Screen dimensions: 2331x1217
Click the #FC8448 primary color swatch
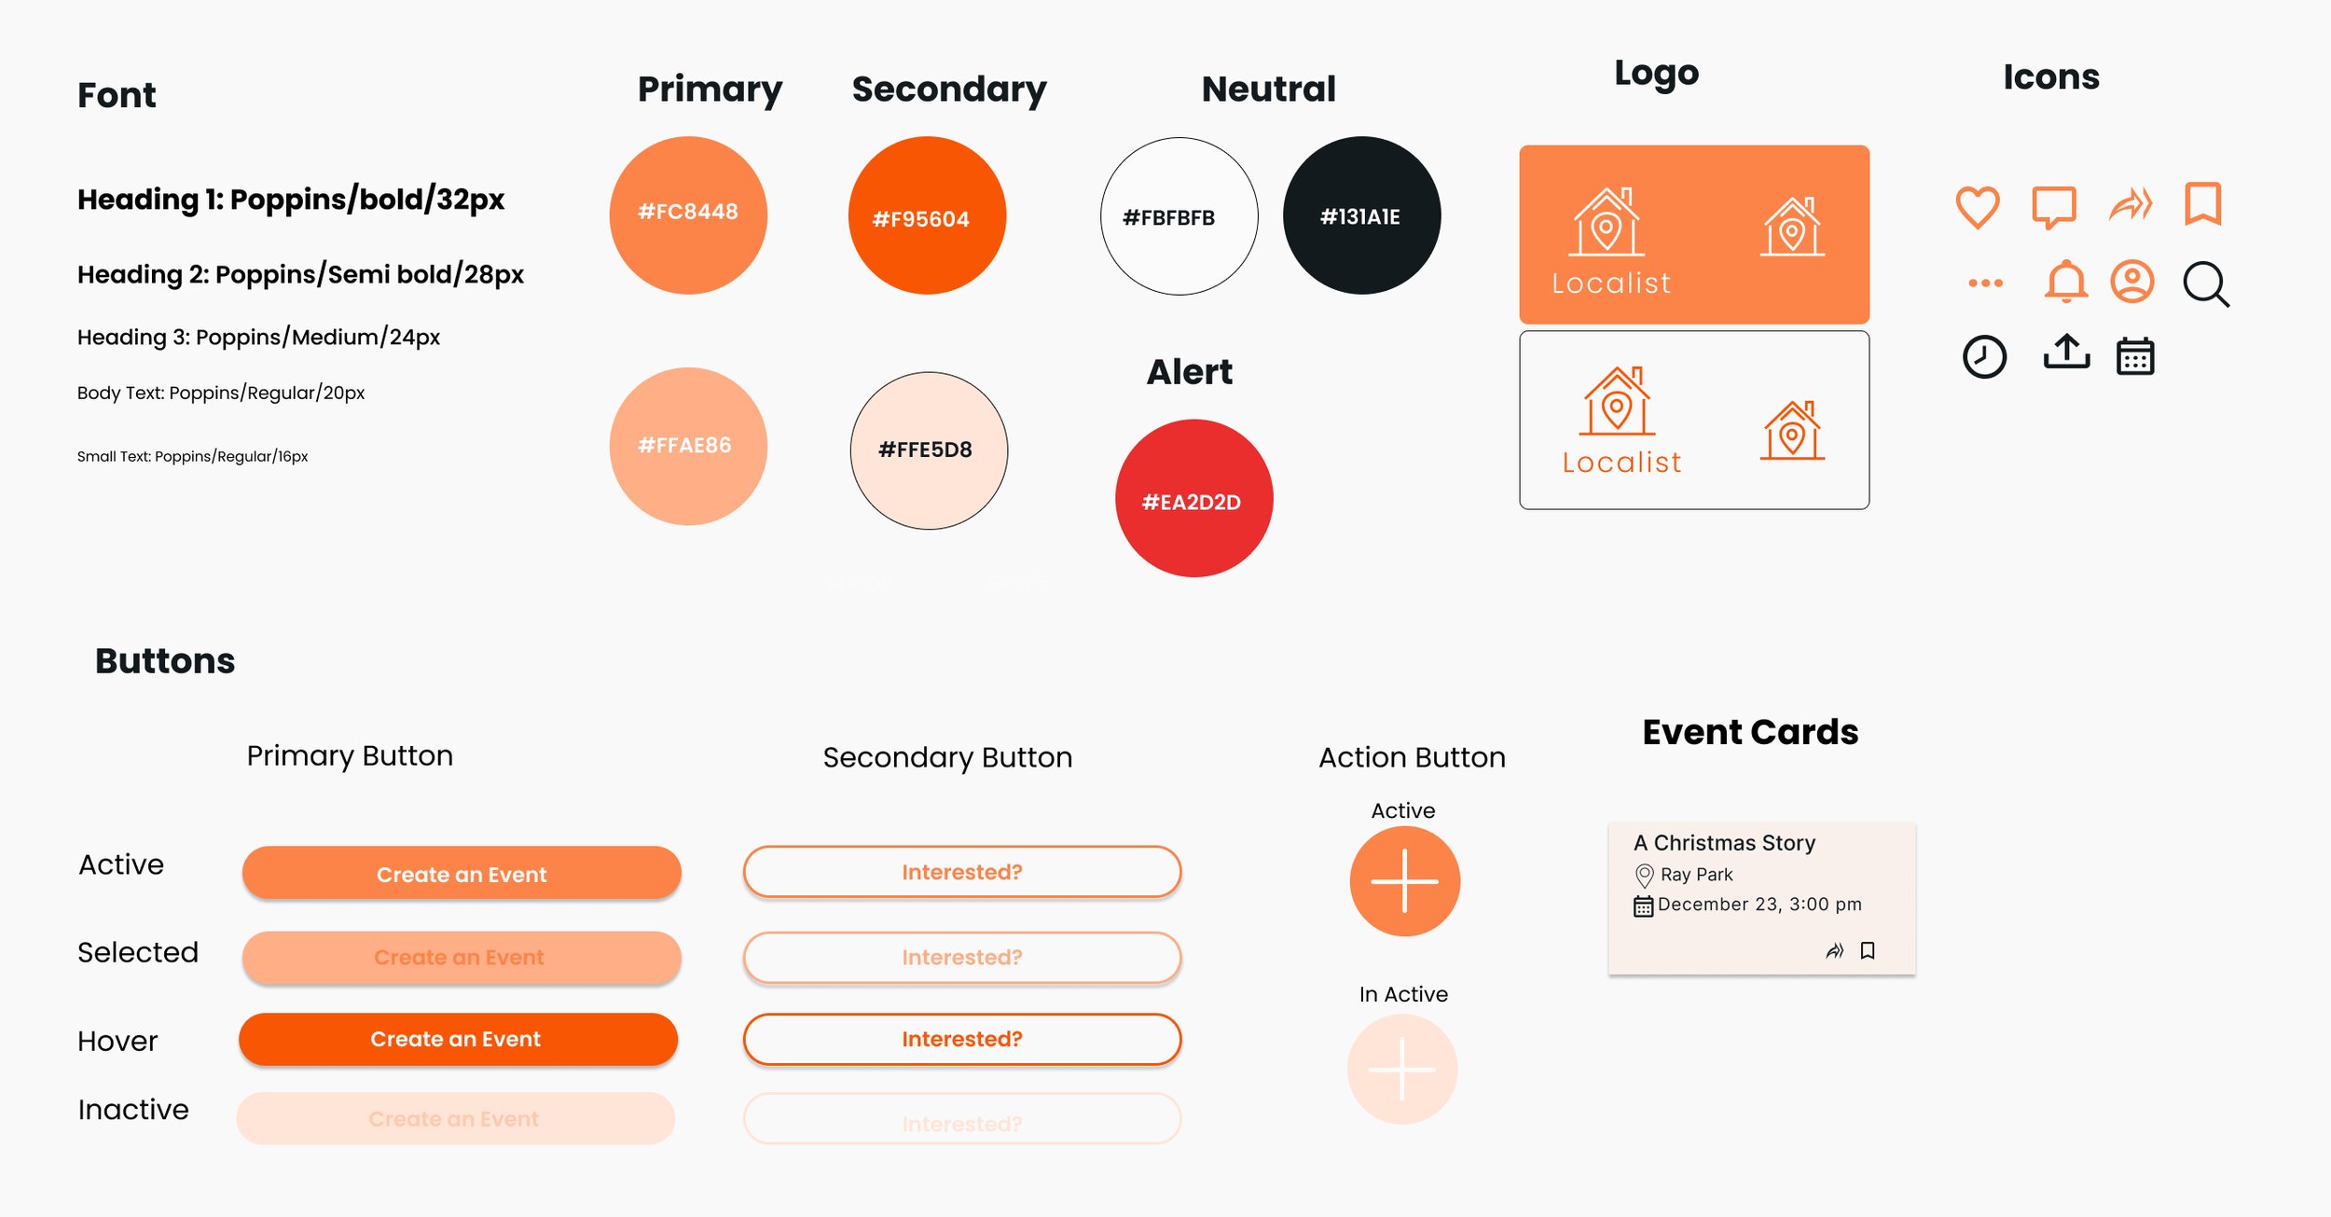[x=688, y=215]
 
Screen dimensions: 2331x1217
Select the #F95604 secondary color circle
[x=927, y=215]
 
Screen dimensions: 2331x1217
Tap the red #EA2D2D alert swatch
[x=1193, y=498]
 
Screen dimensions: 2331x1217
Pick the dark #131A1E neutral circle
[x=1361, y=215]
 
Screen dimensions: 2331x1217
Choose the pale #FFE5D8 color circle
[x=929, y=450]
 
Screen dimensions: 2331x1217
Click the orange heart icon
[x=1977, y=206]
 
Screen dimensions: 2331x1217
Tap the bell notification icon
[x=2065, y=282]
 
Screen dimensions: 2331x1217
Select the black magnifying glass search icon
[x=2205, y=284]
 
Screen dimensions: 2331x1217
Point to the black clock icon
[x=1984, y=356]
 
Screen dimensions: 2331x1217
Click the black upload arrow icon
[x=2066, y=353]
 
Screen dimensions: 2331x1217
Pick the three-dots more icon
[x=1985, y=283]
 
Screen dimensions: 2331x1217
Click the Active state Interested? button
[x=961, y=872]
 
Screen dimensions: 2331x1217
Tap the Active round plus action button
[x=1404, y=881]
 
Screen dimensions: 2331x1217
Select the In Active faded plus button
[x=1401, y=1069]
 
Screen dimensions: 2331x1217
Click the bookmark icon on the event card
[x=1868, y=950]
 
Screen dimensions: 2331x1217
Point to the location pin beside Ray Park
[x=1644, y=875]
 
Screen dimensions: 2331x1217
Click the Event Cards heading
[x=1749, y=732]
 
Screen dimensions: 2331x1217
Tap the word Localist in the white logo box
[x=1621, y=463]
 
